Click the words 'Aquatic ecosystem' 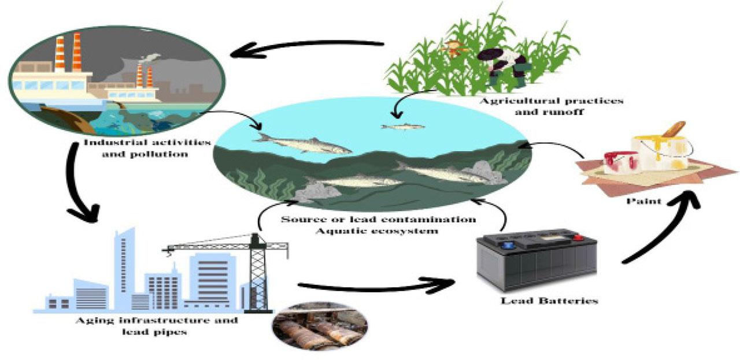coord(378,231)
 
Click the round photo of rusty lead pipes coord(320,326)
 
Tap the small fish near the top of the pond coord(402,125)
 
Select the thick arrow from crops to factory coord(306,46)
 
